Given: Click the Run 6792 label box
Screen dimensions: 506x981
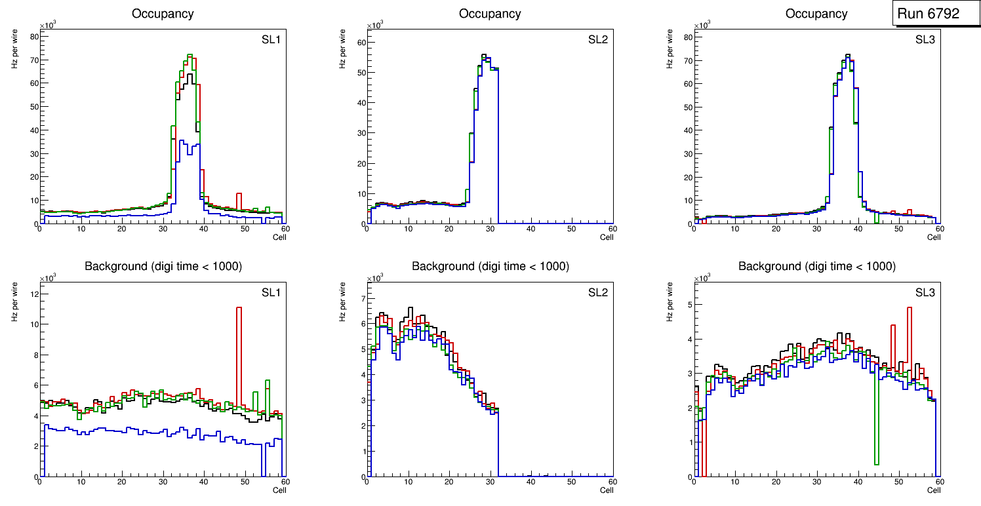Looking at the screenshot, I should coord(927,13).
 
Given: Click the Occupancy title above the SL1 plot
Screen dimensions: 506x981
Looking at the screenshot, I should coord(163,14).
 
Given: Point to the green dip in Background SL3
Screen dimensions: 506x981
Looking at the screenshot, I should coord(876,426).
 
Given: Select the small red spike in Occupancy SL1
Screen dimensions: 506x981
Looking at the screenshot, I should coord(239,195).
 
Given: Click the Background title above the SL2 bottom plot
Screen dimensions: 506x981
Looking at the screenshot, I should coord(490,267).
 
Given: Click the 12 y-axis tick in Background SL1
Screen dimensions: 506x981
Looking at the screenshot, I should coord(32,294).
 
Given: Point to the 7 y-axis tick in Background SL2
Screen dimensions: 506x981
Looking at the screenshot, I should coord(361,299).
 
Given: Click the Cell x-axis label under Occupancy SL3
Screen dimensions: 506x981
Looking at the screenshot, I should coord(934,237).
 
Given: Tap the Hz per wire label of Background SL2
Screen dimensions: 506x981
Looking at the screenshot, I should coord(343,302).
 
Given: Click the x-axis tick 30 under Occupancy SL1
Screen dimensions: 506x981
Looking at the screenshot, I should coord(163,229).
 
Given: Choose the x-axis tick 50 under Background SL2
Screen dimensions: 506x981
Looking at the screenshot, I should coord(571,482).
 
